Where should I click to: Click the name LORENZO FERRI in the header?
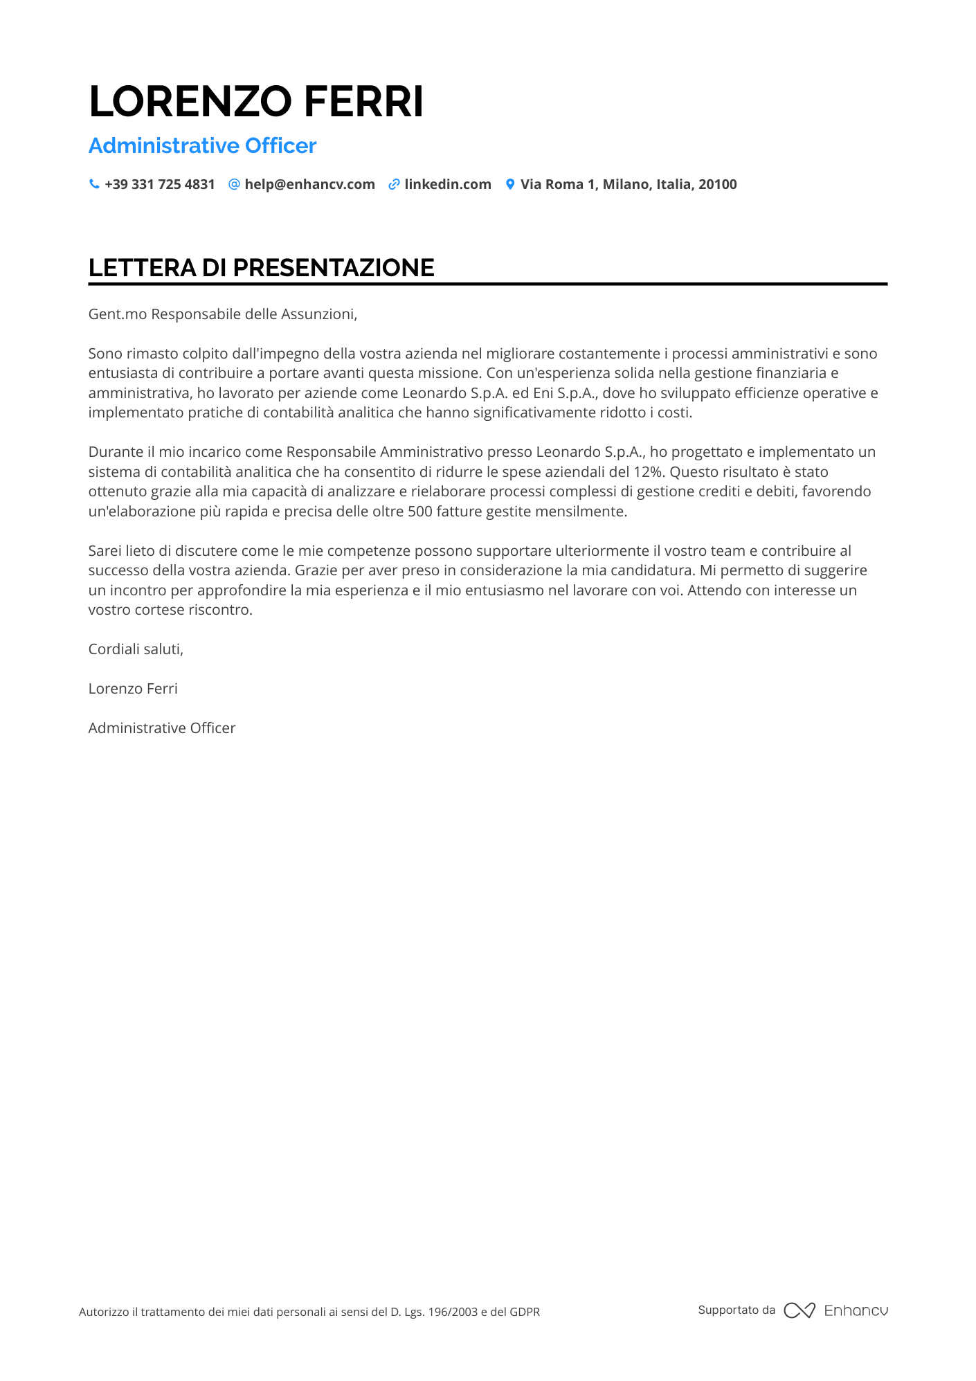click(x=256, y=102)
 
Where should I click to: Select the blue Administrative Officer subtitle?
click(x=202, y=146)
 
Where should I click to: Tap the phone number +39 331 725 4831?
click(x=160, y=185)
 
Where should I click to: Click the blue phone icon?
click(x=94, y=184)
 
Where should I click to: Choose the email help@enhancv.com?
click(x=309, y=185)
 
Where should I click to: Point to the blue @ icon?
click(x=234, y=184)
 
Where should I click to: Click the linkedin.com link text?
click(x=448, y=185)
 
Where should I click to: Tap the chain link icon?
click(x=394, y=184)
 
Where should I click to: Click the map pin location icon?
click(x=510, y=184)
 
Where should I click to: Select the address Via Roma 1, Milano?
click(x=628, y=185)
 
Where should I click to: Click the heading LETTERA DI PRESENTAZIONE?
click(x=261, y=268)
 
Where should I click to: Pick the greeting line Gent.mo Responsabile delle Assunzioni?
click(x=222, y=314)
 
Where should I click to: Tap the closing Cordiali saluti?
click(x=136, y=649)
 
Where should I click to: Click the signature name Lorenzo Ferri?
click(x=133, y=689)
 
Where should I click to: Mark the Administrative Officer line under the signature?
click(x=162, y=728)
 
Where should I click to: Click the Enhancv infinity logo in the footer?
click(x=799, y=1310)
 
